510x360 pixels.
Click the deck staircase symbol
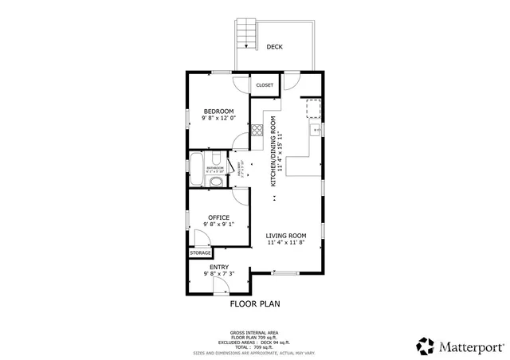pos(246,35)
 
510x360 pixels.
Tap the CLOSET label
pos(265,85)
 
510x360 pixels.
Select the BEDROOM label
pos(218,111)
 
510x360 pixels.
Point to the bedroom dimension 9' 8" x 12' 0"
pos(218,119)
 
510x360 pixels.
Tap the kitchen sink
pos(315,129)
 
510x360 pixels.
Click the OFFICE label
pos(218,217)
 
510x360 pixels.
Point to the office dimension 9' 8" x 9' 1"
pos(218,225)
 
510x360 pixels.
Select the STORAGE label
pos(200,253)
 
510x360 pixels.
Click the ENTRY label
pos(218,267)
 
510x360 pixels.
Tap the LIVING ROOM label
pos(286,236)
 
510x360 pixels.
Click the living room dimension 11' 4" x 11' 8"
pos(286,244)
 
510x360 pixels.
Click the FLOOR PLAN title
pos(255,303)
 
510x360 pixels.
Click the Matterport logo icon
pos(425,346)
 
